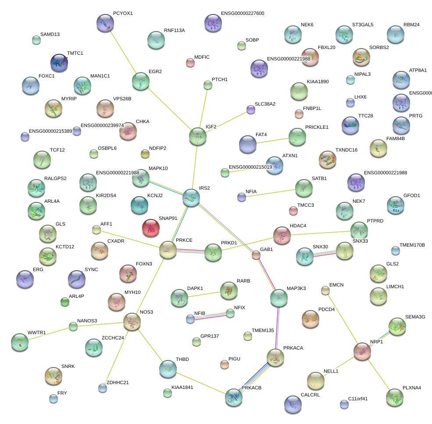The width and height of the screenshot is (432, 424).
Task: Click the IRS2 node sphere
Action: coord(191,198)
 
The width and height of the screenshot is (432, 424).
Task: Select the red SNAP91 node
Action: coord(151,227)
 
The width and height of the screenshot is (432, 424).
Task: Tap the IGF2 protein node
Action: coord(197,136)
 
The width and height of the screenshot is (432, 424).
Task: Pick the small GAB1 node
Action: coord(256,255)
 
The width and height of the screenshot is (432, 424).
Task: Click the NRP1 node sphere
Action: coord(363,351)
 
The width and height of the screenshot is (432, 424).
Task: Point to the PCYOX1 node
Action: coord(105,23)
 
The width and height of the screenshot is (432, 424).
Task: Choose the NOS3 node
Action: coord(132,322)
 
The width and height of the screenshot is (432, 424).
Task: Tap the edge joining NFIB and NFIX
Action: coord(210,316)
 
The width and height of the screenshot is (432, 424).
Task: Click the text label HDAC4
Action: coord(298,226)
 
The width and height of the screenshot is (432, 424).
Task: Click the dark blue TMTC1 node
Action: coord(58,63)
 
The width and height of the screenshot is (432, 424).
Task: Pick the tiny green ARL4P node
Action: coord(65,301)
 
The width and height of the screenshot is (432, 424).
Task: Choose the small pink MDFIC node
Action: coord(190,63)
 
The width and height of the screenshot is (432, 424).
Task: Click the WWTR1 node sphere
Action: coord(19,342)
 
